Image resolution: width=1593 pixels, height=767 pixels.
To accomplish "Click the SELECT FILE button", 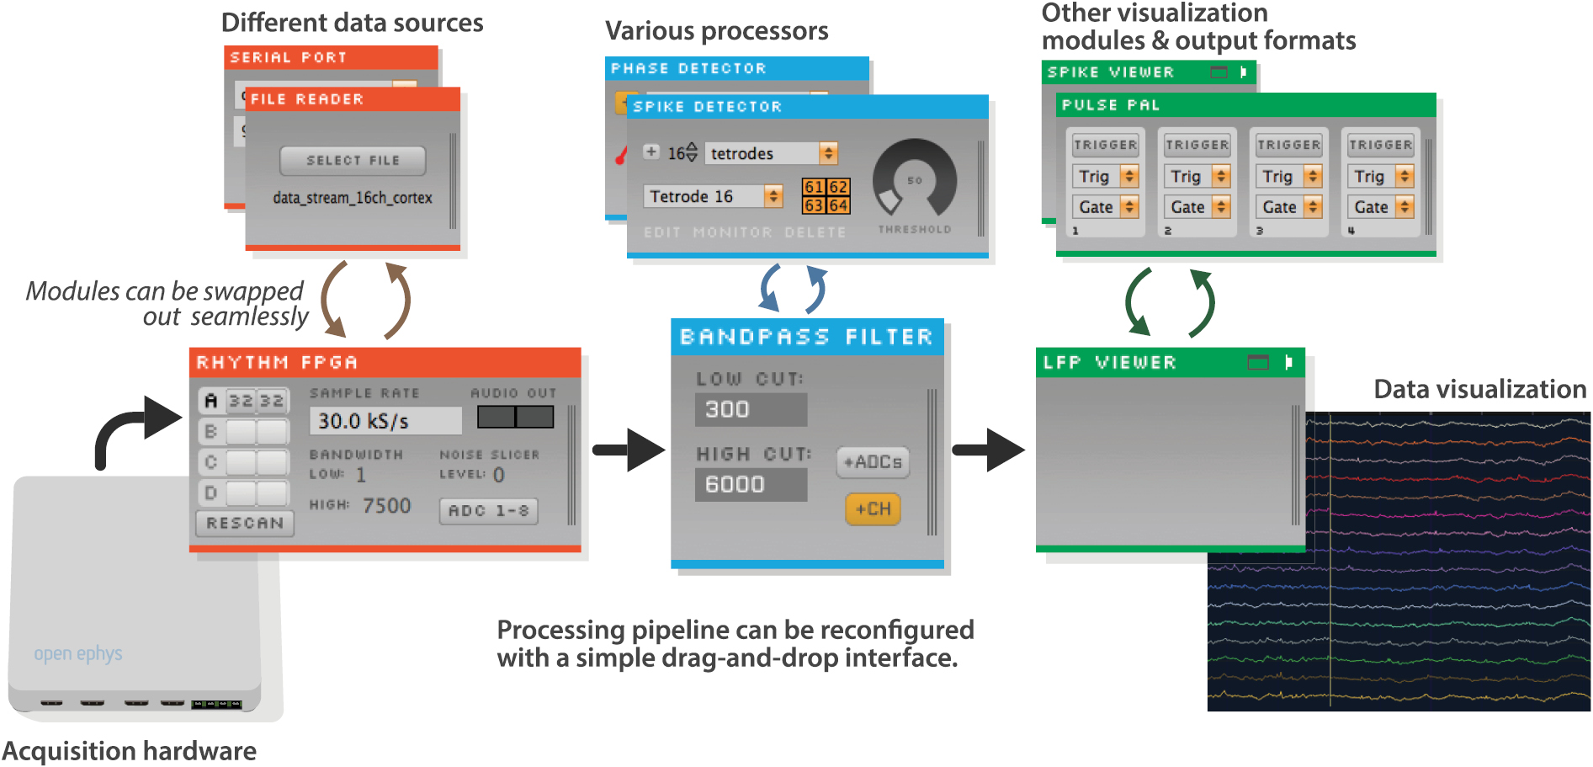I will click(353, 160).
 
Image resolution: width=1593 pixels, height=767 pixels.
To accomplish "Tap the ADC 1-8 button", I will click(488, 510).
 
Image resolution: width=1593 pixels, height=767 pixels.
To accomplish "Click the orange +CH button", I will click(873, 509).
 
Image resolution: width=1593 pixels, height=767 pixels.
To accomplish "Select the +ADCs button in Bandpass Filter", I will click(873, 462).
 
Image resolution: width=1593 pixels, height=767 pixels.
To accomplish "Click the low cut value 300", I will click(750, 409).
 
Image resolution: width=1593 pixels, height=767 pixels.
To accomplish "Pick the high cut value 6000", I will click(750, 484).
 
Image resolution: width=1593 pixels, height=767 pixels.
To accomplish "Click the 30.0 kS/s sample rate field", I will click(385, 421).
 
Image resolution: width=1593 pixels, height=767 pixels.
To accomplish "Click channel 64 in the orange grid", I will click(838, 205).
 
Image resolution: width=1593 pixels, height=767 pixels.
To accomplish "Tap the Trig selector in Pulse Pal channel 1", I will click(1105, 176).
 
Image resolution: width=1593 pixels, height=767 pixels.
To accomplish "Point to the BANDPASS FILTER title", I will click(806, 337).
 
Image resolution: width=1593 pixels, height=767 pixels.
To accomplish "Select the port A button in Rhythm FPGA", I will click(211, 401).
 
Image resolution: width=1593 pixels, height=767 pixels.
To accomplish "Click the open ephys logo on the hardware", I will click(78, 653).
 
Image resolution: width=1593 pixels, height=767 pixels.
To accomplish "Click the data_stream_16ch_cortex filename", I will click(353, 198).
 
